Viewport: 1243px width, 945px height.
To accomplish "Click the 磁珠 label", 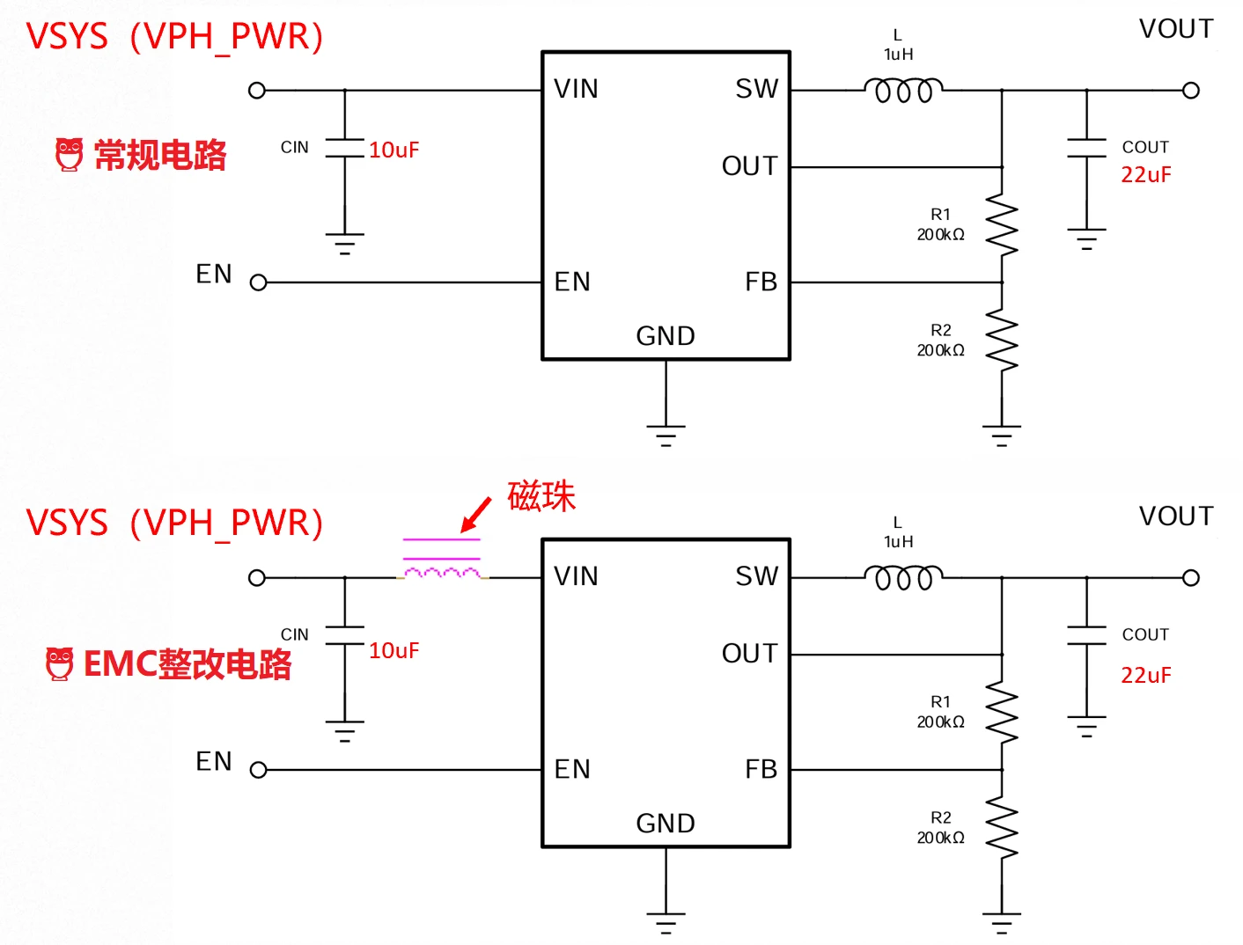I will click(541, 496).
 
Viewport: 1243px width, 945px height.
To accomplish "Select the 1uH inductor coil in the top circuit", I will click(903, 90).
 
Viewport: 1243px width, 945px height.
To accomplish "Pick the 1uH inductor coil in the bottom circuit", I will click(903, 577).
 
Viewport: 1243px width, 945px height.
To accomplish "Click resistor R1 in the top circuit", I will click(1002, 225).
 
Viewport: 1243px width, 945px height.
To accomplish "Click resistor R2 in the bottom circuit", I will click(1002, 828).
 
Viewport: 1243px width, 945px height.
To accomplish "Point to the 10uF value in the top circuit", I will click(393, 150).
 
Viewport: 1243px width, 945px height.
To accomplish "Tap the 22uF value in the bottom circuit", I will click(1145, 675).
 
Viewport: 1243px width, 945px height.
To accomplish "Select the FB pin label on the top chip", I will click(761, 282).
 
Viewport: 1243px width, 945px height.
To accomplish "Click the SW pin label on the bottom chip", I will click(757, 576).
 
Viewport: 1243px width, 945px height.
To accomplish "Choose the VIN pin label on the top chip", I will click(576, 89).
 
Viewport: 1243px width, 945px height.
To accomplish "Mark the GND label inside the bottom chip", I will click(666, 824).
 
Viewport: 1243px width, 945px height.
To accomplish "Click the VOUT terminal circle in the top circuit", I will click(1191, 90).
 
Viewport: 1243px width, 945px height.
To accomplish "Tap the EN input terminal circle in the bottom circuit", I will click(258, 770).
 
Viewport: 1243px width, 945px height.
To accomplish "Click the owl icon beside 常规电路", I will click(69, 154).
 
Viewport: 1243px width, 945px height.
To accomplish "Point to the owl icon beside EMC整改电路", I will click(59, 663).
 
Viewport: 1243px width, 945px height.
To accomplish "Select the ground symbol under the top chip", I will click(666, 435).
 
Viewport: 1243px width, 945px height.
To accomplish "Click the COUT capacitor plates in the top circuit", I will click(1086, 148).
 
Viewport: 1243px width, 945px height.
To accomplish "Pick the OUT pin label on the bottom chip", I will click(749, 654).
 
